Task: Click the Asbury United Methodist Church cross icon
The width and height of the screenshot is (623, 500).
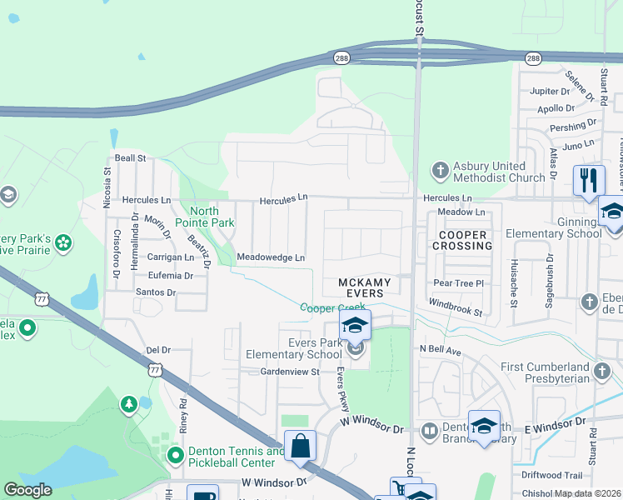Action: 441,172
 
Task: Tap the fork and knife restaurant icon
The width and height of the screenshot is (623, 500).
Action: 588,180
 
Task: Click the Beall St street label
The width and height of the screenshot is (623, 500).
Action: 131,157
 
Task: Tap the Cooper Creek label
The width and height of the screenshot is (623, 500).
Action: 332,307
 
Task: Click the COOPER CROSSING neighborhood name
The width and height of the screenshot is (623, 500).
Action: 462,241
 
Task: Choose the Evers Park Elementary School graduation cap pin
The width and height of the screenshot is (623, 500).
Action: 354,327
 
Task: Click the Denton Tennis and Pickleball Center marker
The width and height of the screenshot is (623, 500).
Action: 175,456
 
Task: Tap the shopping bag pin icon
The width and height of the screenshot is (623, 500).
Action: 301,445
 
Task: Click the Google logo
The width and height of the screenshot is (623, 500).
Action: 28,490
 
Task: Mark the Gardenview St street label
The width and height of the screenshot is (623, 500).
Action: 290,371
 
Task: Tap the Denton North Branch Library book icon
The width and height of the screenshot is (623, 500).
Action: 429,431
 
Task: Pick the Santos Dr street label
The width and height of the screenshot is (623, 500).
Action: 156,292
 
